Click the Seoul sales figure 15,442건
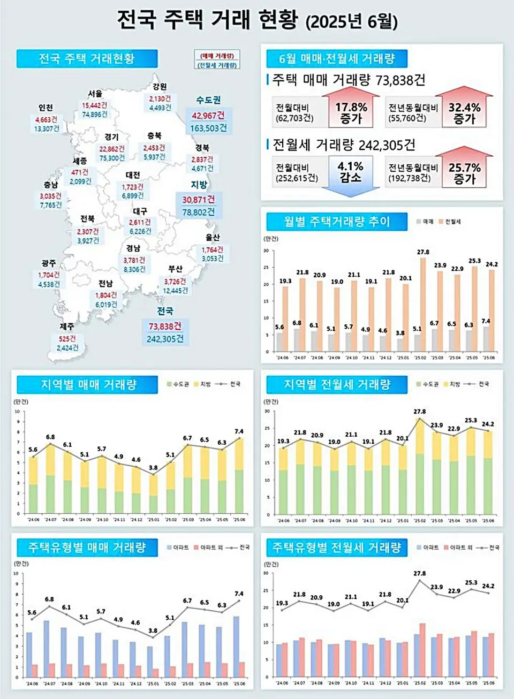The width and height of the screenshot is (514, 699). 94,105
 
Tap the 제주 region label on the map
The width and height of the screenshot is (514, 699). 67,326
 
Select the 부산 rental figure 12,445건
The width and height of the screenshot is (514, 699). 175,291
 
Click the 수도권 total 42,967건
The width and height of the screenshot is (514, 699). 208,116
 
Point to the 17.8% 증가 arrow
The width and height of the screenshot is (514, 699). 351,112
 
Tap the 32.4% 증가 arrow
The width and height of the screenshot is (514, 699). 464,112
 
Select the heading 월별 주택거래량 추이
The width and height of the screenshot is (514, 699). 337,222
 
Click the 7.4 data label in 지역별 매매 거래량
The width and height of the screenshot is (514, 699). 239,431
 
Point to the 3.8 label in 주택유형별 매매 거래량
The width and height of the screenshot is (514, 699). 153,630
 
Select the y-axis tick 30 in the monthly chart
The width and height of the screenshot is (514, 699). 266,251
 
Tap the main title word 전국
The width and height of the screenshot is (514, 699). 137,20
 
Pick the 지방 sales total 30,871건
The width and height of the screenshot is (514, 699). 198,200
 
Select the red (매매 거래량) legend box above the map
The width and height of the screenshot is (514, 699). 217,56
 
